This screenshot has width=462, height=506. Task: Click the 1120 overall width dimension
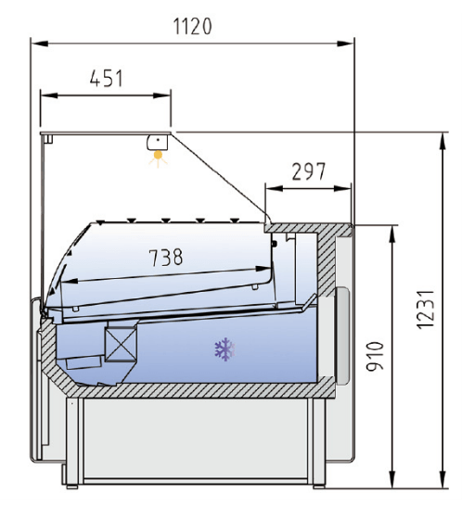click(193, 26)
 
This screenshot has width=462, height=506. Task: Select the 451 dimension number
click(107, 79)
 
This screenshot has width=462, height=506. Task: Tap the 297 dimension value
click(309, 171)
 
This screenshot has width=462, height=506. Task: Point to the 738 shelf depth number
click(166, 258)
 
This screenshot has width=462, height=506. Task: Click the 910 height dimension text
click(375, 356)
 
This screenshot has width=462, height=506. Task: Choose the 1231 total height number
click(426, 310)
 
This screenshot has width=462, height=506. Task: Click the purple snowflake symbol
click(225, 349)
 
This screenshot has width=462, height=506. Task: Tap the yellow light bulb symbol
click(158, 158)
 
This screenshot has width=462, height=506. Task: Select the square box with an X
click(121, 344)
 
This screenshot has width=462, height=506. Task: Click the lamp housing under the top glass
click(158, 143)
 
